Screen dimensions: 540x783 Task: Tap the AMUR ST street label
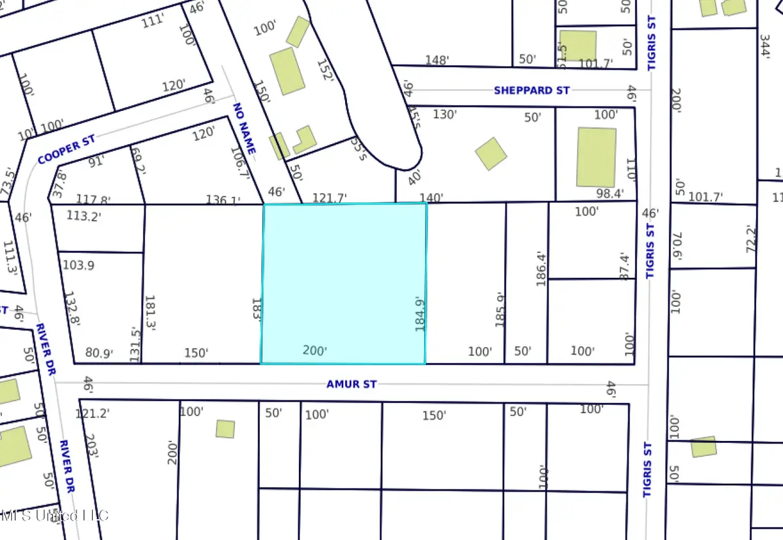[352, 384]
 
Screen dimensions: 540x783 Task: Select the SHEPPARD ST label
[531, 91]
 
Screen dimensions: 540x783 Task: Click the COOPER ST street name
[67, 150]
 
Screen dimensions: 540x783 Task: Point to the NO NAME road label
[243, 131]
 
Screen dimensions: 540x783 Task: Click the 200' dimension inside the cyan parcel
[315, 351]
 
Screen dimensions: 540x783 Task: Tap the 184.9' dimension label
[421, 314]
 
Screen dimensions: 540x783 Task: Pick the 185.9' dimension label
[500, 309]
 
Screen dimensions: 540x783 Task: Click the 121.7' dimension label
[330, 198]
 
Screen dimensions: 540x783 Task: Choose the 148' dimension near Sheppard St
[437, 60]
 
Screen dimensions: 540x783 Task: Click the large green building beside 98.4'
[596, 157]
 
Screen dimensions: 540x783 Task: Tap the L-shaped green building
[303, 140]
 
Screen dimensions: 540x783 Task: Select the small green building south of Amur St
[225, 428]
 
